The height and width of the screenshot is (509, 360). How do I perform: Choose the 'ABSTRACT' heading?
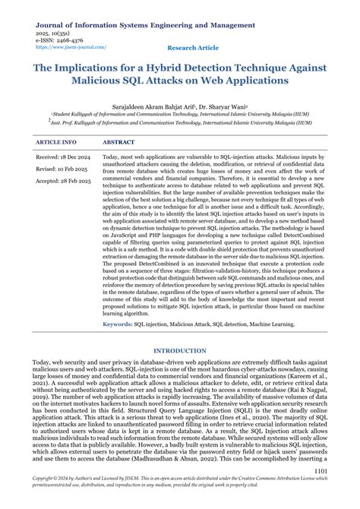tap(118, 142)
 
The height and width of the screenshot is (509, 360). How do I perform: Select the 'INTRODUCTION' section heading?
tap(180, 351)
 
